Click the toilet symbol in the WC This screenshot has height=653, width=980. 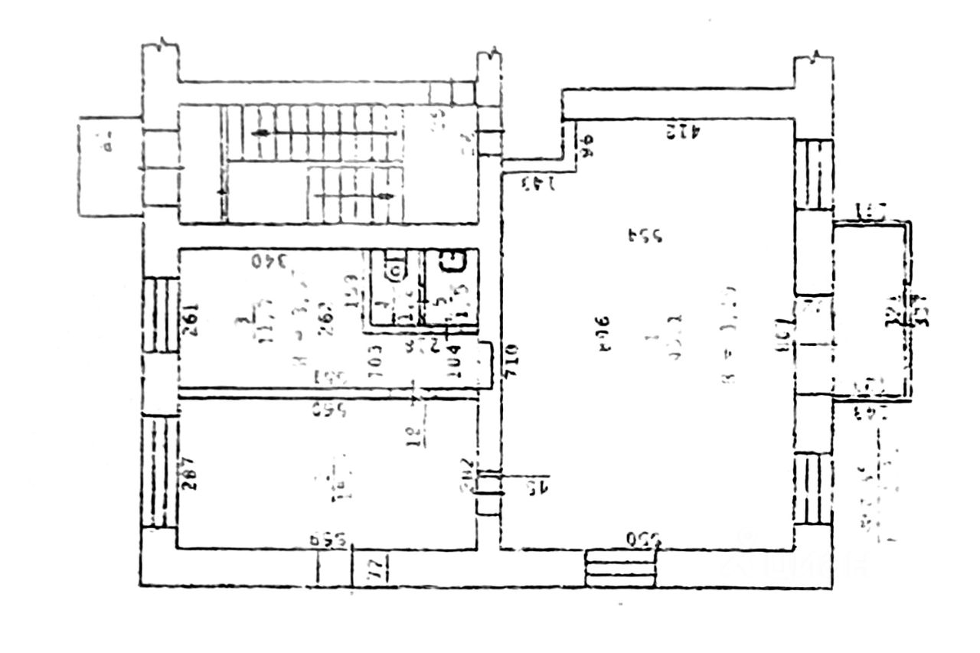coord(394,270)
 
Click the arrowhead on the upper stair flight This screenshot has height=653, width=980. coord(261,133)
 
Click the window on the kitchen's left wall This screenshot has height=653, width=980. coord(161,313)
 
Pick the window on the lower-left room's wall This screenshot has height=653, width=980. coord(159,471)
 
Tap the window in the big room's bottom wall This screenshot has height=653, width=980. coord(620,568)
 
